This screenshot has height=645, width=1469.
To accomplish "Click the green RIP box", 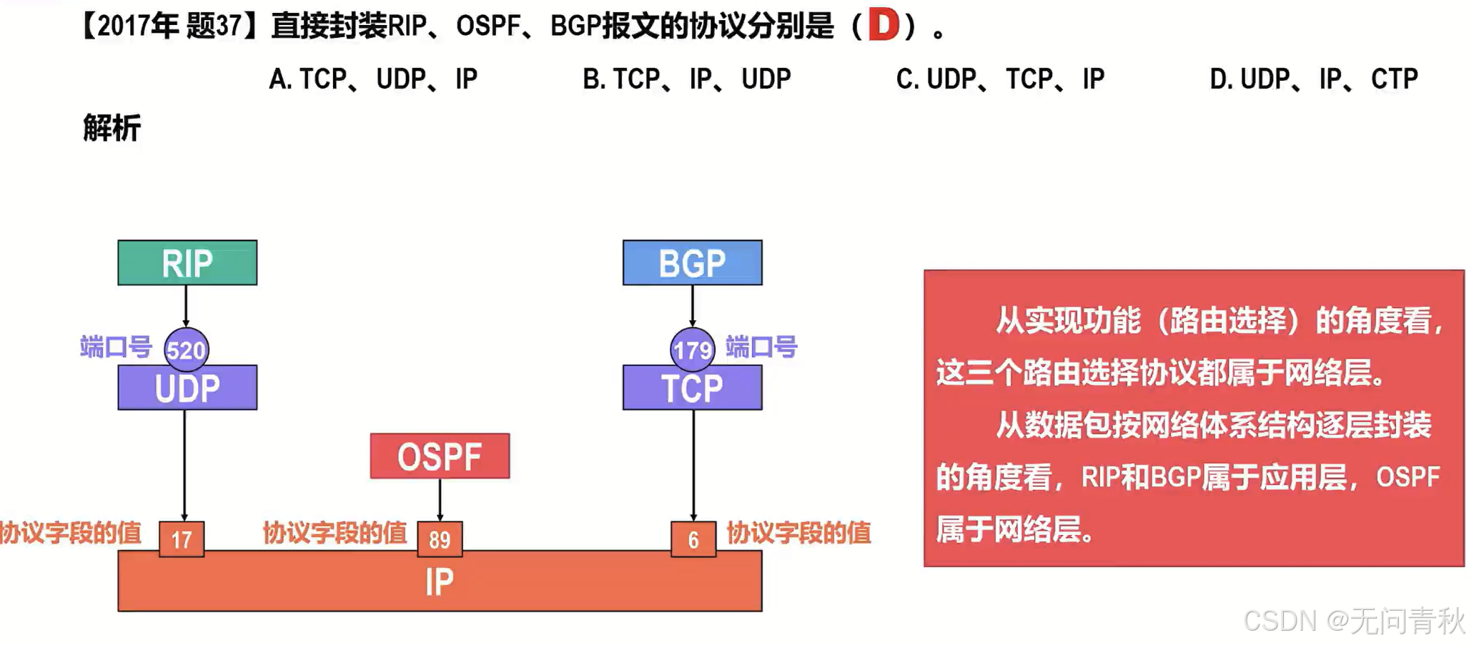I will click(187, 263).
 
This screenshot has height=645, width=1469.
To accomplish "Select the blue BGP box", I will click(692, 263).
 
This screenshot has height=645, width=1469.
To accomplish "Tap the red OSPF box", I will click(440, 456).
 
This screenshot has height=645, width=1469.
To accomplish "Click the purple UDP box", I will click(187, 389).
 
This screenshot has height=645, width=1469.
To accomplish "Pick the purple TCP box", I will click(692, 389).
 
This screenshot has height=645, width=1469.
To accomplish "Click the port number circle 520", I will click(186, 349).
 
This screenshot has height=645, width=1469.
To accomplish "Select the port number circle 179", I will click(692, 349).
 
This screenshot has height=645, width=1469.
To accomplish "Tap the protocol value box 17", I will click(182, 539).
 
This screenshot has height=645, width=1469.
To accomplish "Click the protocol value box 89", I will click(440, 539).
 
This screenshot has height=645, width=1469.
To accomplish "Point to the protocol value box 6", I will click(693, 539).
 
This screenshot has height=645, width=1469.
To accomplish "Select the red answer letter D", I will click(884, 26).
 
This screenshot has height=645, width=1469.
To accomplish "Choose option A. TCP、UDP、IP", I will click(373, 79).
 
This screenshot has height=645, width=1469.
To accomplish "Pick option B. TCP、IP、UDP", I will click(686, 79).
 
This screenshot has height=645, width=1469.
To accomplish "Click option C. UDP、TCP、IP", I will click(1000, 79).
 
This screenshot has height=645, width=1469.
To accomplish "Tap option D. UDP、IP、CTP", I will click(1314, 79).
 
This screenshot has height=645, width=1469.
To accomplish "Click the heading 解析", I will click(112, 129).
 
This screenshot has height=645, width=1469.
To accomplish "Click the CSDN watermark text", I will click(1353, 621).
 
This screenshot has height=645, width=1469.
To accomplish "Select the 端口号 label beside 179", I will click(761, 348).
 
